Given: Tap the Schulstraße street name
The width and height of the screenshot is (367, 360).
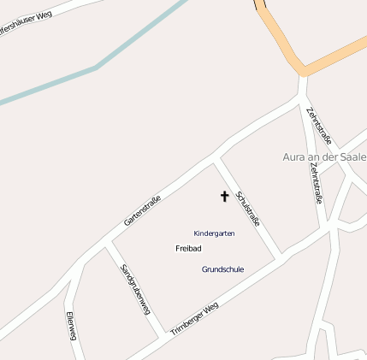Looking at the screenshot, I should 247,210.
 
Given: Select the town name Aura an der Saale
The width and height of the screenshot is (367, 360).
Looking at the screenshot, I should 324,157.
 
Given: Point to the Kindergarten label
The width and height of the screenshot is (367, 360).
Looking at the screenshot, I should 214,233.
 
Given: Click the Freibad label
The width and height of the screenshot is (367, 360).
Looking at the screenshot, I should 188,248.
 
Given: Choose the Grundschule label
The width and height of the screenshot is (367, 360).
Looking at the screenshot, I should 222,269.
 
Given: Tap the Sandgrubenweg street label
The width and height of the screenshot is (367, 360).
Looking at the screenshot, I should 134,290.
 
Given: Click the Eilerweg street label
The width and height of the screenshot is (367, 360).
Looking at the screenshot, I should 71,326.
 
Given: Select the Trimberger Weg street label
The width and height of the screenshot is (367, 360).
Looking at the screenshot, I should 194,318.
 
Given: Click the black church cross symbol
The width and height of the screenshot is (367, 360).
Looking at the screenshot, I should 225,197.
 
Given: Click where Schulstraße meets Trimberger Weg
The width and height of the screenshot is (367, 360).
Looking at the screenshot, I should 279,257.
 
